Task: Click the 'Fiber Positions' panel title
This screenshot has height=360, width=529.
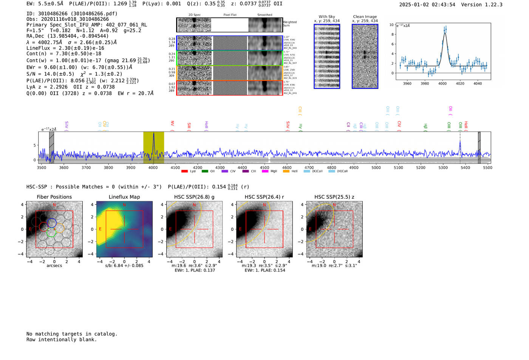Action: point(54,197)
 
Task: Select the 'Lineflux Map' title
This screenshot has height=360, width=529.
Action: point(124,197)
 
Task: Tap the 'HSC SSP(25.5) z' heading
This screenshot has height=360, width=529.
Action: point(334,197)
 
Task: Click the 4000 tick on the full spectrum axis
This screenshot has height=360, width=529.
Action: point(153,168)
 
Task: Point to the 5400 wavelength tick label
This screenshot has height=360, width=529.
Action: point(465,168)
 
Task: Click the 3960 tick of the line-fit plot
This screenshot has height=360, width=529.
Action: point(407,83)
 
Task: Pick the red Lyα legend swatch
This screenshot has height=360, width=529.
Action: point(184,172)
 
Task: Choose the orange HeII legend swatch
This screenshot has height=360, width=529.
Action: point(286,172)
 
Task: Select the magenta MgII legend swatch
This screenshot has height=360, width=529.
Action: point(264,172)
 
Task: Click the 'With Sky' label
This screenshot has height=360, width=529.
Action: point(326,17)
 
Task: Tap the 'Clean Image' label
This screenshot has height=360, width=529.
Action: point(365,17)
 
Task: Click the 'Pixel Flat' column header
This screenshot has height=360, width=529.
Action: point(230,15)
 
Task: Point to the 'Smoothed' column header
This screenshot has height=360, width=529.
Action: point(264,15)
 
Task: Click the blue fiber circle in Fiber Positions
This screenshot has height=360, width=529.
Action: point(52,222)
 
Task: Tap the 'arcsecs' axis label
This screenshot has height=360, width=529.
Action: point(54,266)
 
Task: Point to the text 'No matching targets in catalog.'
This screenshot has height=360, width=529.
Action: point(72,334)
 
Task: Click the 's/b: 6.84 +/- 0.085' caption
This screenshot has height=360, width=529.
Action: point(124,266)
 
